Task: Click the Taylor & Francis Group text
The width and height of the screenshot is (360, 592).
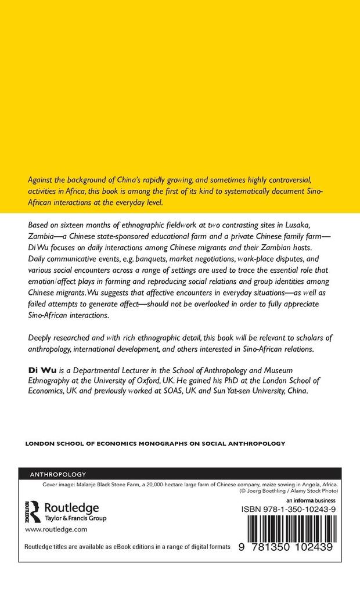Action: click(x=75, y=518)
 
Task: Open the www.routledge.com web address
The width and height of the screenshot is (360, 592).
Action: click(x=56, y=530)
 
